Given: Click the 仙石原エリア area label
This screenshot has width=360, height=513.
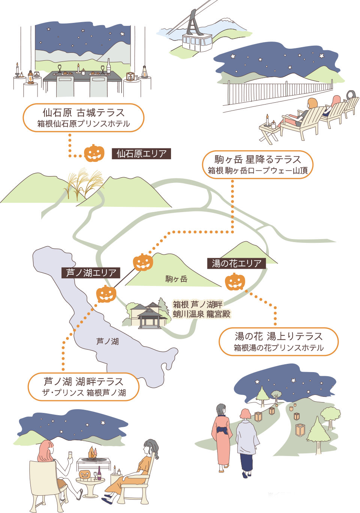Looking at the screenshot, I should tap(141, 154).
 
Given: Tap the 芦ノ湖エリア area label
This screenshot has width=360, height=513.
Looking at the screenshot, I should tap(91, 273).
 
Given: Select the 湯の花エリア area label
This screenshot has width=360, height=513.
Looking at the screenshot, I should tap(237, 263).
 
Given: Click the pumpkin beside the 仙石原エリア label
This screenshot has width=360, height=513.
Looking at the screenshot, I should tap(94, 153).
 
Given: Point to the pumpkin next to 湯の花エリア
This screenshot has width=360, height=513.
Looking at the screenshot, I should tap(235, 282).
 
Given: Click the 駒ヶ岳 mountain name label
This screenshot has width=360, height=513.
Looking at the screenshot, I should tap(176, 279).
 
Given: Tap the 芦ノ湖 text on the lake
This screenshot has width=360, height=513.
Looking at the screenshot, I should tap(108, 341).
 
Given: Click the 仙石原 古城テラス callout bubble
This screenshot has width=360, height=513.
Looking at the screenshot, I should tap(84, 118).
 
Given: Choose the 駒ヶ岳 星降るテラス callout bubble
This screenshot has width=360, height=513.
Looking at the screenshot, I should tap(258, 165).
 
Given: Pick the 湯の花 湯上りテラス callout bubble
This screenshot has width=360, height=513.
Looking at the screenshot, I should tap(279, 341).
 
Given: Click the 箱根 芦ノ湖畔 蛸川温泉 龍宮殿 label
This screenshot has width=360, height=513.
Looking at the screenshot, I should tap(201, 309).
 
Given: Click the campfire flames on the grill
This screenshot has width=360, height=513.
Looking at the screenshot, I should tap(92, 451).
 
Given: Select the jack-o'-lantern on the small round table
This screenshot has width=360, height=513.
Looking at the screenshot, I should tap(84, 474).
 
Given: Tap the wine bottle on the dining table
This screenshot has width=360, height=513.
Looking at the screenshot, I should tap(109, 66).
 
